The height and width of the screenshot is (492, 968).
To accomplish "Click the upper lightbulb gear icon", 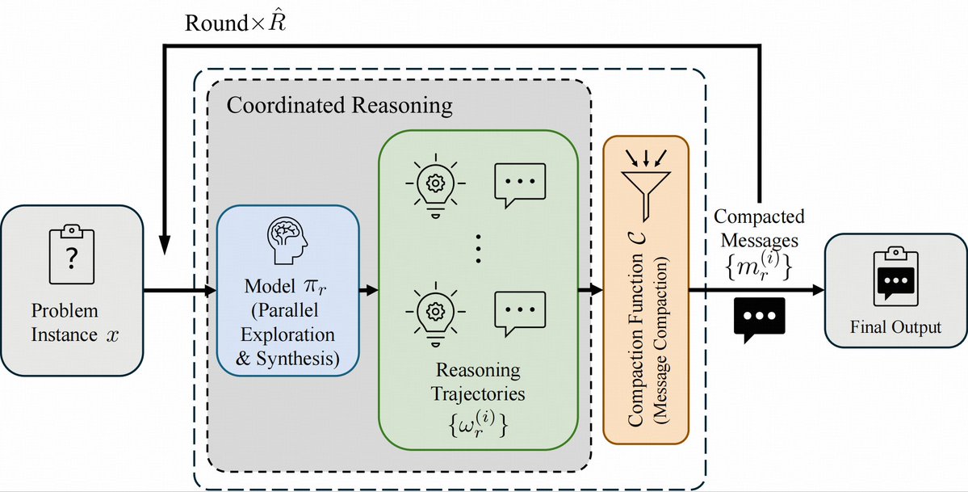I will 434,184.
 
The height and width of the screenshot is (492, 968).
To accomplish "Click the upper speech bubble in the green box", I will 519,184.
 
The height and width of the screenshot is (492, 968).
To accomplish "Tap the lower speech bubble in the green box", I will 519,309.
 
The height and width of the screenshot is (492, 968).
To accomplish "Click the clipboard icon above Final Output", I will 895,279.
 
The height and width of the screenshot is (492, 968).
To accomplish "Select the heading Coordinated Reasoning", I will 339,105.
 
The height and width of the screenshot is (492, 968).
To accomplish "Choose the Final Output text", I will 895,327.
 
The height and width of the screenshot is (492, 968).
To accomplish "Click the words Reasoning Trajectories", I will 480,382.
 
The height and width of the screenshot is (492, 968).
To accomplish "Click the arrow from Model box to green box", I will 369,289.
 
